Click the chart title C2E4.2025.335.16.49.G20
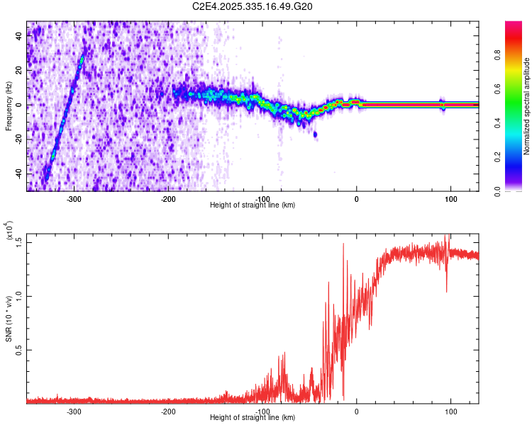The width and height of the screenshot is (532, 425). (x=253, y=6)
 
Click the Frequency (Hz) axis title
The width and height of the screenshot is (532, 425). (x=9, y=106)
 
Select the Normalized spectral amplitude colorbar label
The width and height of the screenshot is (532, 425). (x=527, y=106)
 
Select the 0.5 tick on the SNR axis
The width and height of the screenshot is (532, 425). (x=19, y=350)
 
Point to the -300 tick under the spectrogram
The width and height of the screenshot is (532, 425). (x=74, y=199)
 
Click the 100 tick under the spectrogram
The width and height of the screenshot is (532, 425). (x=450, y=199)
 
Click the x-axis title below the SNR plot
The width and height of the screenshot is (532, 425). (x=253, y=418)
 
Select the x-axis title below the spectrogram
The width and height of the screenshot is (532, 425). (x=253, y=205)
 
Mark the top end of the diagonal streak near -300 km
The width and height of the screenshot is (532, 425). (x=84, y=57)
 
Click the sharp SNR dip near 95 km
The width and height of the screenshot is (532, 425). (x=447, y=291)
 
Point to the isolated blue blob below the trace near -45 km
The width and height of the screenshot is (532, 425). (x=315, y=134)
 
